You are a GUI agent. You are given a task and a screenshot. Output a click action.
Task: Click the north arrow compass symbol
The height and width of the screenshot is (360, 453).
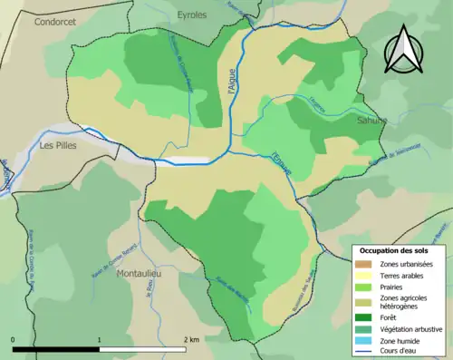coord(403,50)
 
